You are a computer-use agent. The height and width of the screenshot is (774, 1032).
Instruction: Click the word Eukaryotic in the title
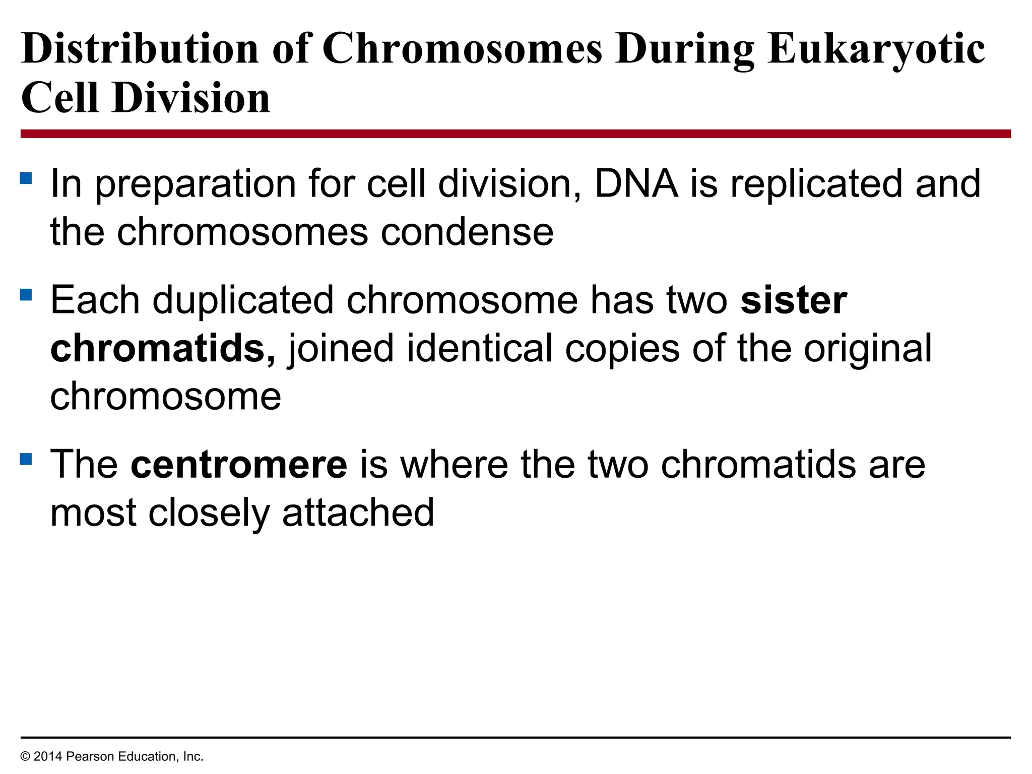876,49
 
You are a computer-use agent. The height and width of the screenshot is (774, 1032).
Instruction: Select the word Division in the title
191,98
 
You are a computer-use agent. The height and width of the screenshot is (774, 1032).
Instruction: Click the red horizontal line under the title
515,134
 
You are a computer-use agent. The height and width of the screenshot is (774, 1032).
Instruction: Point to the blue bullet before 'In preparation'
26,178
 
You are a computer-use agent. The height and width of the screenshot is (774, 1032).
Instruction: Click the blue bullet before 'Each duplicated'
26,294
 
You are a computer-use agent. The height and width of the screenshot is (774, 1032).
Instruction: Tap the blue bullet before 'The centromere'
26,459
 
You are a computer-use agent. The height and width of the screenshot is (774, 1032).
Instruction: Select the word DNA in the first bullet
636,183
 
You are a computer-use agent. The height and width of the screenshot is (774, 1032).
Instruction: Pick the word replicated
816,183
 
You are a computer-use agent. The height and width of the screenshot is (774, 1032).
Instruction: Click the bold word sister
794,300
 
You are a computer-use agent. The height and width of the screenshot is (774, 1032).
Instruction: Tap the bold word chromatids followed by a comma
162,349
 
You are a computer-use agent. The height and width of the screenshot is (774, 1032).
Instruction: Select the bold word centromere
239,464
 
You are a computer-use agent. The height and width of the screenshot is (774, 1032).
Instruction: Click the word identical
479,349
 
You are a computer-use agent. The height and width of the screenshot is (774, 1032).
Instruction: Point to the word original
867,349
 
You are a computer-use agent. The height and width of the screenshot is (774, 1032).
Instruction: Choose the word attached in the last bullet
358,513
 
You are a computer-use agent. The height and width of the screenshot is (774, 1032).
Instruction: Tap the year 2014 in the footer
48,756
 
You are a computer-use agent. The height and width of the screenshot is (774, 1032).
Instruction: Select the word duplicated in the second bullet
243,300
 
